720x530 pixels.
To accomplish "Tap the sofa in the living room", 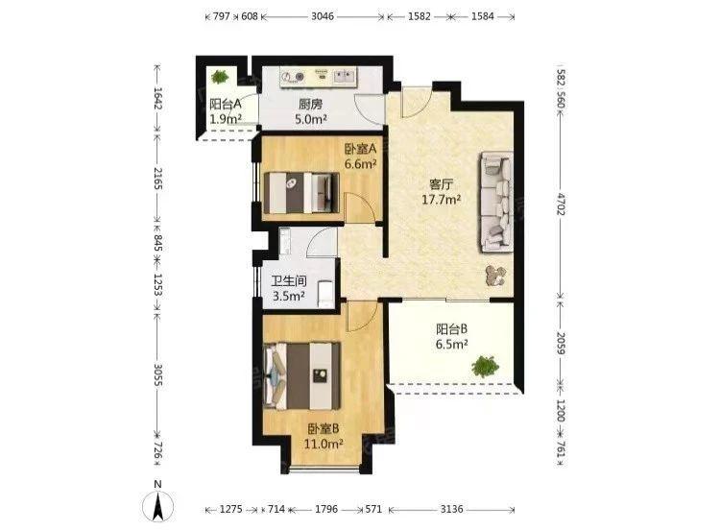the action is click(496, 202).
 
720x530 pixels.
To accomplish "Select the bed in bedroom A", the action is click(301, 193).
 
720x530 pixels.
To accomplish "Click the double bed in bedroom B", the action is click(302, 375).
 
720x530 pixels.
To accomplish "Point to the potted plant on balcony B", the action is click(485, 366).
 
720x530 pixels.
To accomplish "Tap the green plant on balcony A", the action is click(220, 76).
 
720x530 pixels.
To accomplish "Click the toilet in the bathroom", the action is click(325, 293).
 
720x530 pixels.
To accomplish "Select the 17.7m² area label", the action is click(442, 200).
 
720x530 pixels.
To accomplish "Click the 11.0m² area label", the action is click(324, 444).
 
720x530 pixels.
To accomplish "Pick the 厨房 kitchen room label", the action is click(310, 105).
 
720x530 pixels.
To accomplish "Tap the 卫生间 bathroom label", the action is click(289, 281).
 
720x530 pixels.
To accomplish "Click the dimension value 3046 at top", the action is click(323, 16).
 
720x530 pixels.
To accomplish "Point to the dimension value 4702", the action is click(561, 205).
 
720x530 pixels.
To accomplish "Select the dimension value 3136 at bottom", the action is click(452, 509).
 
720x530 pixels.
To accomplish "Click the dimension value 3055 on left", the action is click(157, 375).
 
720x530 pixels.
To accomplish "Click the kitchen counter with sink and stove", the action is click(320, 77).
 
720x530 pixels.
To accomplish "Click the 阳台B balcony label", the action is click(452, 328).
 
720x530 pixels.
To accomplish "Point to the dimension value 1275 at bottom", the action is click(231, 509).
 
